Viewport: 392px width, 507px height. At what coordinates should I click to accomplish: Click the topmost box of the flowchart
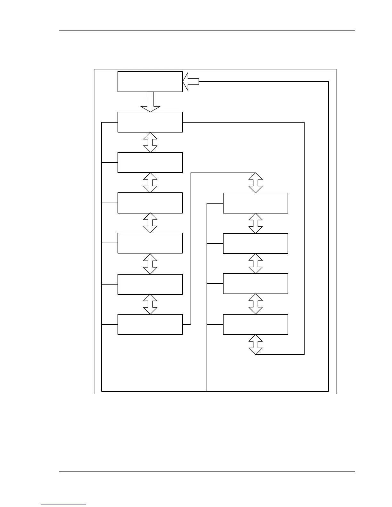coord(150,82)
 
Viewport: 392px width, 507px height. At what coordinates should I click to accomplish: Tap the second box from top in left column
coord(150,122)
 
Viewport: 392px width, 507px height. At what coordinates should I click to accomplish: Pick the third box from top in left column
coord(150,162)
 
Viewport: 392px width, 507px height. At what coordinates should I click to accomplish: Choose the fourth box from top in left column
coord(150,203)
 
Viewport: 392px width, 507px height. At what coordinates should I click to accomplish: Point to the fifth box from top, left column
coord(150,243)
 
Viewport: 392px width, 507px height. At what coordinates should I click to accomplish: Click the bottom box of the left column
coord(150,324)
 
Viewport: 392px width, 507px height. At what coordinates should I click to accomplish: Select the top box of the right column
coord(255,203)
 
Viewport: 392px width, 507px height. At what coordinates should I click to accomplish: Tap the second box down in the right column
coord(255,243)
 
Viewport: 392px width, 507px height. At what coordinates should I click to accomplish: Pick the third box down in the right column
coord(255,284)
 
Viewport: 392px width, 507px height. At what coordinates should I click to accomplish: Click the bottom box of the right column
coord(255,324)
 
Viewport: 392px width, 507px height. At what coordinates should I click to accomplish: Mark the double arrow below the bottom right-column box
coord(256,345)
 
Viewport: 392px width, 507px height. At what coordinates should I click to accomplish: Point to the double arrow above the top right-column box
coord(256,183)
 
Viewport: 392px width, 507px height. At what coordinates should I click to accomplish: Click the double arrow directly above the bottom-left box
coord(150,304)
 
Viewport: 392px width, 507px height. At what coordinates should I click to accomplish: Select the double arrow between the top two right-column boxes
coord(256,223)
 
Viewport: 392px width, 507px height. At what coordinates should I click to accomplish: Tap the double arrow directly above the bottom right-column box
coord(256,304)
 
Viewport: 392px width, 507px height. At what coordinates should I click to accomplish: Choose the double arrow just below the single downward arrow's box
coord(150,142)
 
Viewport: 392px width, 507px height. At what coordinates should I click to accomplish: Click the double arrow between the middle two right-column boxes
coord(256,263)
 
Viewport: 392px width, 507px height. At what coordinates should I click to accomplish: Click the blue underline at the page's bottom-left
coord(63,504)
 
